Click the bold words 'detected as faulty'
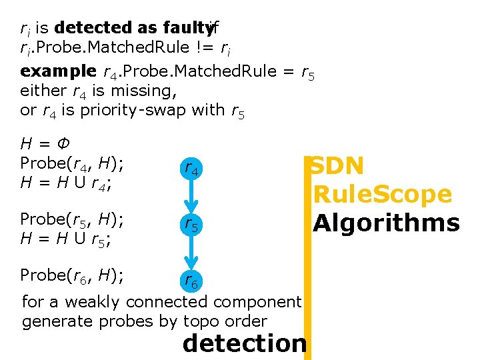pyautogui.click(x=133, y=28)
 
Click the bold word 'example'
pyautogui.click(x=59, y=71)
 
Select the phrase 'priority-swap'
pyautogui.click(x=133, y=111)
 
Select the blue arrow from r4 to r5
pyautogui.click(x=191, y=197)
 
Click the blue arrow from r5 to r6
pyautogui.click(x=191, y=253)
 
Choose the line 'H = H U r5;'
pyautogui.click(x=66, y=239)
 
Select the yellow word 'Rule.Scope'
pyautogui.click(x=383, y=195)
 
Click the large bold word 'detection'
pyautogui.click(x=244, y=343)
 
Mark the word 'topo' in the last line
pyautogui.click(x=204, y=321)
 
